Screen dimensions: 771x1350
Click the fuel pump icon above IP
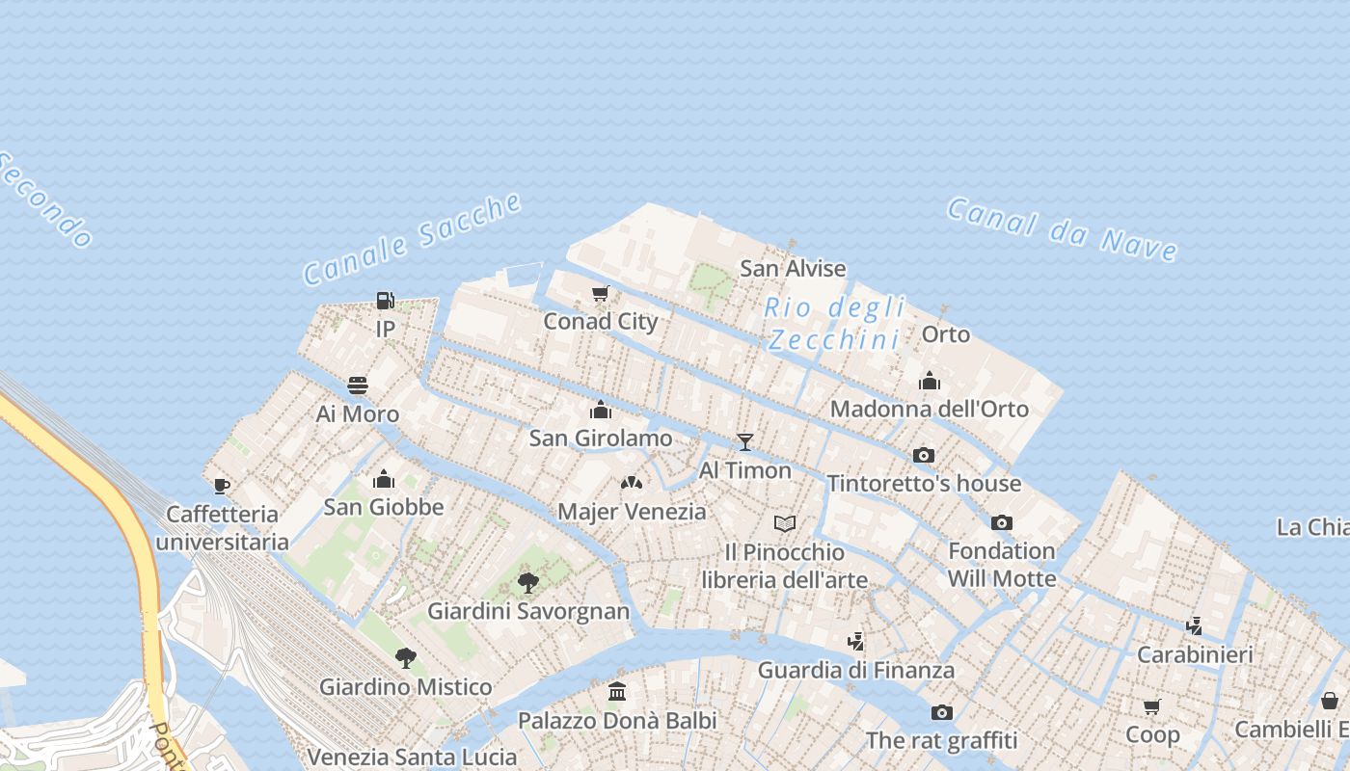[x=385, y=302]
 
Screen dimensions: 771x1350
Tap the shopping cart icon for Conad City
[x=601, y=294]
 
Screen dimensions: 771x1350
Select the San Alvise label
[x=793, y=268]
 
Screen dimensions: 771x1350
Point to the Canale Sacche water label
[x=413, y=239]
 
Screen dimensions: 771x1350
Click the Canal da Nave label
[x=1062, y=229]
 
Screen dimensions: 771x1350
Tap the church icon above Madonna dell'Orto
[x=930, y=381]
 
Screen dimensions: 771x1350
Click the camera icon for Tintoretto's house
[x=924, y=456]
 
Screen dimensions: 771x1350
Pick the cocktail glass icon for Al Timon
[x=744, y=442]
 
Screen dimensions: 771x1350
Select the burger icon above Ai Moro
[x=358, y=386]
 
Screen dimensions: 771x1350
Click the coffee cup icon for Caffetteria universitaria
[x=222, y=487]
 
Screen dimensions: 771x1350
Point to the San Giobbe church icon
[x=384, y=479]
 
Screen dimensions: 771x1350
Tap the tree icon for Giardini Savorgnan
[x=527, y=582]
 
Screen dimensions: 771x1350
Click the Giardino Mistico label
[x=405, y=687]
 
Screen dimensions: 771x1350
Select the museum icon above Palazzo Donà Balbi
[x=617, y=692]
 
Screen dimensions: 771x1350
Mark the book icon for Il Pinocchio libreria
[x=785, y=524]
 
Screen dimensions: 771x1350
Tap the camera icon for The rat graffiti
[x=942, y=713]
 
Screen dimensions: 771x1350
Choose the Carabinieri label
[x=1195, y=654]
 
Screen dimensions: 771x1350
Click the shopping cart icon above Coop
[x=1151, y=706]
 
